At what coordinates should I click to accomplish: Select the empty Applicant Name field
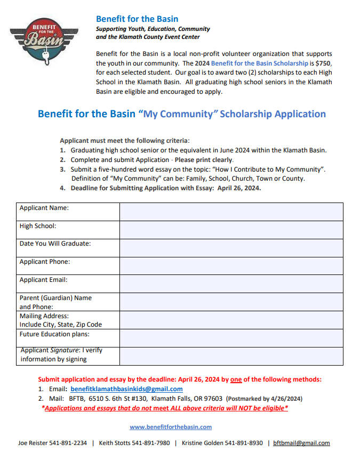point(231,212)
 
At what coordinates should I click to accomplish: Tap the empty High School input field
point(231,230)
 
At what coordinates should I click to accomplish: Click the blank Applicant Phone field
point(231,265)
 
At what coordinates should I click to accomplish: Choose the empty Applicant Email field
point(231,284)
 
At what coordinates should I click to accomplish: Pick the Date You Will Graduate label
point(55,244)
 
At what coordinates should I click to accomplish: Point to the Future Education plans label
point(54,334)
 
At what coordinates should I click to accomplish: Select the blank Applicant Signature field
point(231,356)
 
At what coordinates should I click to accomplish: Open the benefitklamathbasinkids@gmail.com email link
point(126,389)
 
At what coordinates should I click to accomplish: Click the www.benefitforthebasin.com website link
point(171,426)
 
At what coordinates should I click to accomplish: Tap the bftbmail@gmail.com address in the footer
point(301,443)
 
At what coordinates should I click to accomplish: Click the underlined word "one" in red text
point(236,379)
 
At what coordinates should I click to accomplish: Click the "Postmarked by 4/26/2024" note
point(263,399)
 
